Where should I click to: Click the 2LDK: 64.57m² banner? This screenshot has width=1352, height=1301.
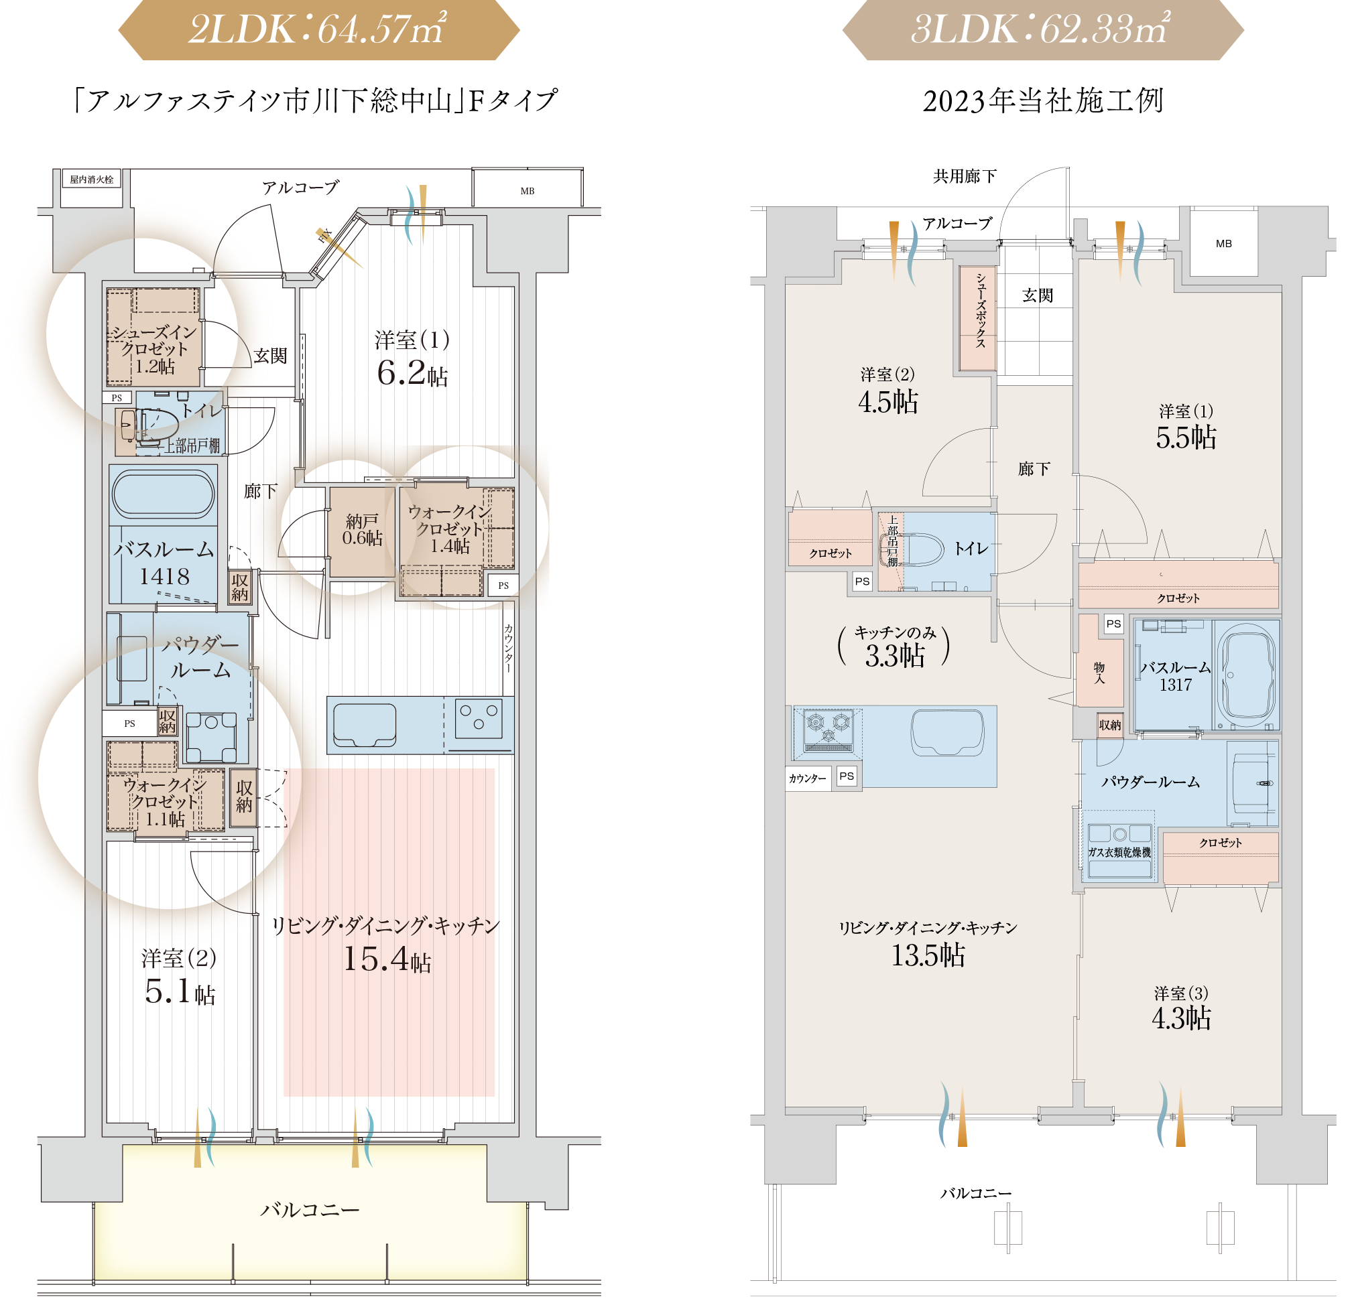(x=318, y=30)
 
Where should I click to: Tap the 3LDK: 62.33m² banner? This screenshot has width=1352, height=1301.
(x=1042, y=30)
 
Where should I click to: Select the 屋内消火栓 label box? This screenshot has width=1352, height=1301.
(x=92, y=180)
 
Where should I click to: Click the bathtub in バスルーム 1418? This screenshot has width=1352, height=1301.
(x=163, y=494)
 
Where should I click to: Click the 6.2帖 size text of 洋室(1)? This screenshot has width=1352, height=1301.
(x=412, y=373)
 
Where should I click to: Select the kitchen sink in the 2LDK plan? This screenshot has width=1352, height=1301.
(x=364, y=725)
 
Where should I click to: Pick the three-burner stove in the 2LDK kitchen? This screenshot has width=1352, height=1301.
(x=479, y=717)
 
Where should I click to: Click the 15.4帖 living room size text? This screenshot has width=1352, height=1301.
(x=387, y=959)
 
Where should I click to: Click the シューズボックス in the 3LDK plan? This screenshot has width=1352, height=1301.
(x=977, y=318)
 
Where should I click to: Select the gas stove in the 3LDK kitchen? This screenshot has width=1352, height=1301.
(x=828, y=730)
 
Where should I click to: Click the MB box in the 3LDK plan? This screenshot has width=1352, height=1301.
(x=1223, y=243)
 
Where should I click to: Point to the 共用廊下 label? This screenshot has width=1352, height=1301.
(x=965, y=176)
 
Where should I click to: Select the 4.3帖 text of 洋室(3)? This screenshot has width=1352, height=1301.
(x=1181, y=1018)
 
